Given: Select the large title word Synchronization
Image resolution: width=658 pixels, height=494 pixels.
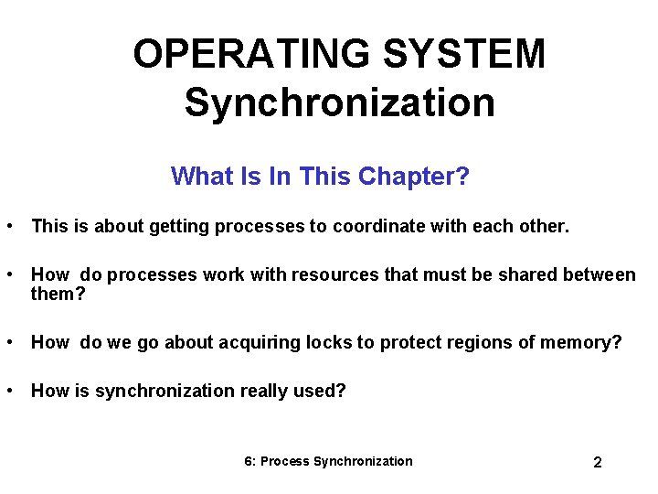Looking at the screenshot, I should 339,102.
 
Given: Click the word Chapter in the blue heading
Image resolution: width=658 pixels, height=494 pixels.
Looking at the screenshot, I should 414,176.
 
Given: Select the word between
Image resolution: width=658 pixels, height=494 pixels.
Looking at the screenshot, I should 600,274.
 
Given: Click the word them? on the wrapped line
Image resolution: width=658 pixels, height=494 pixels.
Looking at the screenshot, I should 58,295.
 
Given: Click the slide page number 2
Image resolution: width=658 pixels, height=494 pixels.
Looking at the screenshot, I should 598,463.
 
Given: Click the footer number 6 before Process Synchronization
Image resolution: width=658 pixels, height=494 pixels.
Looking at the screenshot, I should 249,461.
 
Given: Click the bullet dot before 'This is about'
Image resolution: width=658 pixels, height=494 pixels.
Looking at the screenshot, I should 8,225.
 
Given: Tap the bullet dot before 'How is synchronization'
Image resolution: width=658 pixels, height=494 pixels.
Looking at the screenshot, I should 8,390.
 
